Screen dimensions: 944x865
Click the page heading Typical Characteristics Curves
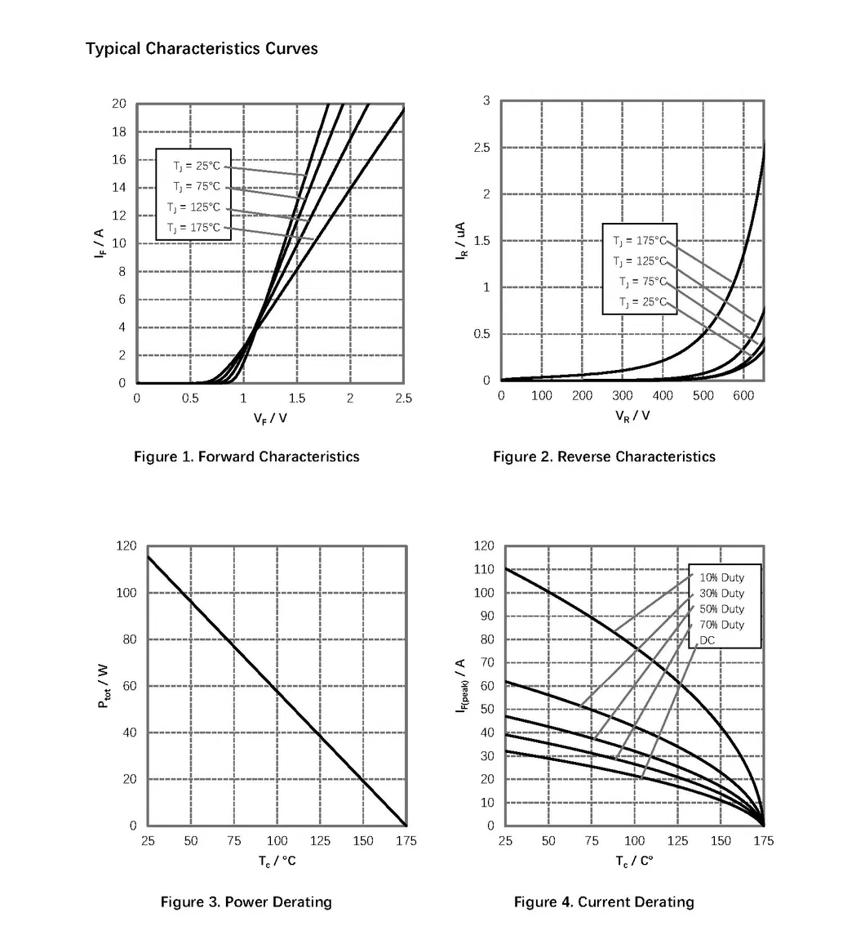tap(202, 48)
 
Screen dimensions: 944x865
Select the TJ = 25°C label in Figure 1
tap(196, 166)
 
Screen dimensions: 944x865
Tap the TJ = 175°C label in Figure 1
tap(193, 227)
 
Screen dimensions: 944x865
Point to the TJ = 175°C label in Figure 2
tap(640, 240)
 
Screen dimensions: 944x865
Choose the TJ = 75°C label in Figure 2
tap(642, 282)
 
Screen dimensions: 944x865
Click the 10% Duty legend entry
tap(721, 577)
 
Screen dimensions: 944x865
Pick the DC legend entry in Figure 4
tap(707, 640)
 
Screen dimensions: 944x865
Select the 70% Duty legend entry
tap(721, 625)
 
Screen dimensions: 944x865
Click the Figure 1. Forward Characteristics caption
tap(246, 456)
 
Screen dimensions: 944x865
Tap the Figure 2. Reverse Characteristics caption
tap(604, 456)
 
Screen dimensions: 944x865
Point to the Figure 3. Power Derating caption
tap(246, 902)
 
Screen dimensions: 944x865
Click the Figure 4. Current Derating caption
tap(604, 902)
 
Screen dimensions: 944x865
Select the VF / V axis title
tap(269, 418)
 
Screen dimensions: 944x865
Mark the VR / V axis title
tap(632, 416)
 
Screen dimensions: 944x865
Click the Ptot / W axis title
tap(104, 685)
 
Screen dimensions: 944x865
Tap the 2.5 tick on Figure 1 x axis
tap(403, 399)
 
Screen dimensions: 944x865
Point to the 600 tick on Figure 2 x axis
tap(743, 396)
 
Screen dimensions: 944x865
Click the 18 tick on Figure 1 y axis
tap(118, 131)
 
